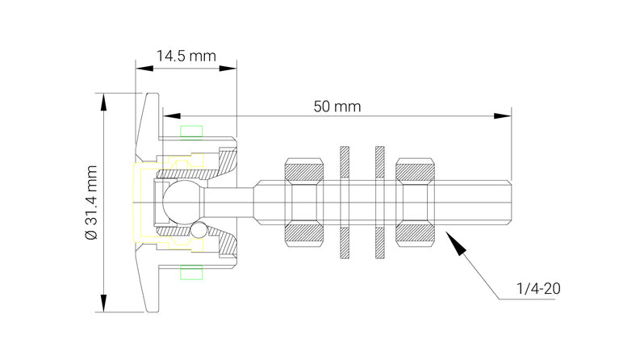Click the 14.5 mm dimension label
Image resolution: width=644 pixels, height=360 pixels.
186,57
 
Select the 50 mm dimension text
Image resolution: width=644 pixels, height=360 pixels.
337,107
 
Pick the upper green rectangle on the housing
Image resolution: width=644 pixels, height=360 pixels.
191,131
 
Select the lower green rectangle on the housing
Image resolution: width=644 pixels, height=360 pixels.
191,273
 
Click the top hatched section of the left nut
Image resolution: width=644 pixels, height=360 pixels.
305,171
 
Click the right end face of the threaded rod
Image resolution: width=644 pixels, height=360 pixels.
512,202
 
